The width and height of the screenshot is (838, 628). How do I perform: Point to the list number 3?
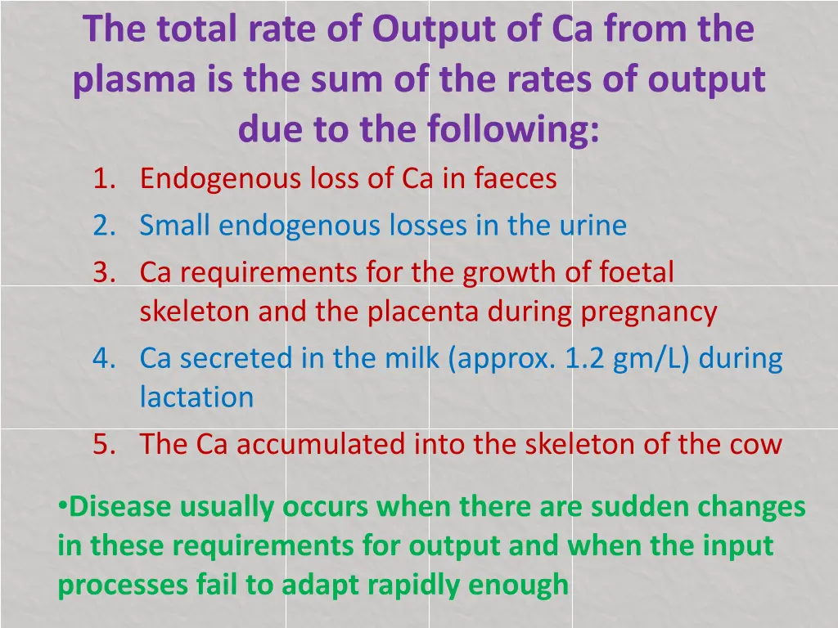(103, 272)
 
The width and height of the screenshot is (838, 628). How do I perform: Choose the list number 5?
(103, 444)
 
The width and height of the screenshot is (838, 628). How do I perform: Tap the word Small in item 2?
(175, 225)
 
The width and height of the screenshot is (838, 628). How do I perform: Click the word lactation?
(196, 397)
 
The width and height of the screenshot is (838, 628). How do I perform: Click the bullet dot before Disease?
(62, 506)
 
